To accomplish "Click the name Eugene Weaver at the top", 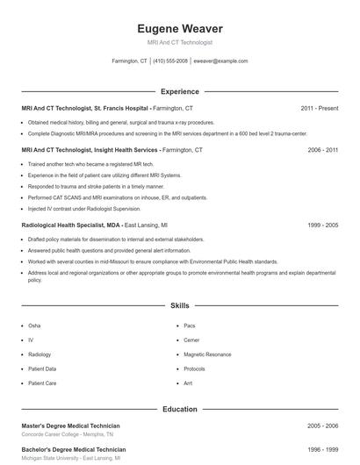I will (x=179, y=29).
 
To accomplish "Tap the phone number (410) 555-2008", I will (x=169, y=61).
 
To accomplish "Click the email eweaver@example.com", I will (x=220, y=61).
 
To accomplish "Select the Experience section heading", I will (x=179, y=91).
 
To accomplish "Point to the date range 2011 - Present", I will (x=319, y=108).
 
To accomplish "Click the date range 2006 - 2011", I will (x=322, y=150).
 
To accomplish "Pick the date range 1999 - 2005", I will (x=322, y=225).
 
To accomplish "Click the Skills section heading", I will (x=179, y=305).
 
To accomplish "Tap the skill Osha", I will (x=34, y=325).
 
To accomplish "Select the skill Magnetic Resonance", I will (x=207, y=354).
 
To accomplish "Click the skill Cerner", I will (x=191, y=340).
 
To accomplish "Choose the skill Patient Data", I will (x=42, y=368).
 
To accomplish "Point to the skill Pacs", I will (x=190, y=325).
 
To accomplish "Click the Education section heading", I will (x=179, y=409).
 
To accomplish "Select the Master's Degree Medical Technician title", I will (x=70, y=426).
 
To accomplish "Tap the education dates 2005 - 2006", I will (x=322, y=426).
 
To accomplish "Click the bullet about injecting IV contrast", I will (x=83, y=208).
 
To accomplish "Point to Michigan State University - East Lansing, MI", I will (x=71, y=459).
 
